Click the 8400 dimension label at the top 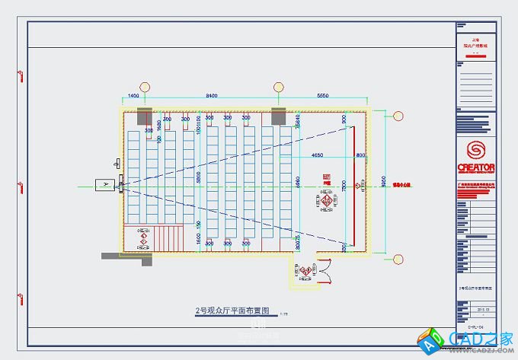click(212, 96)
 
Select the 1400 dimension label click(133, 96)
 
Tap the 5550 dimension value click(322, 96)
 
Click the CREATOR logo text click(476, 167)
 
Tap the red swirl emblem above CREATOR click(476, 148)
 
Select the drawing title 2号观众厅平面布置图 click(233, 311)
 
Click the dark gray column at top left click(142, 116)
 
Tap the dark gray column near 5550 click(277, 116)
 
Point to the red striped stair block click(170, 237)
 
